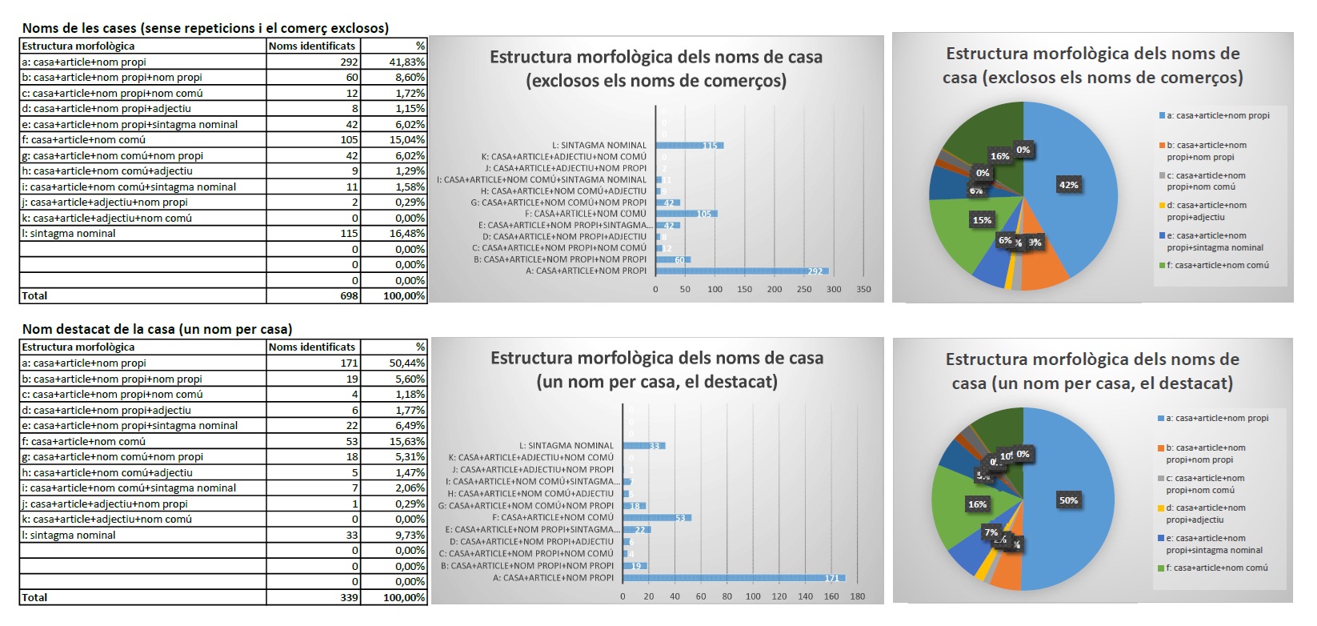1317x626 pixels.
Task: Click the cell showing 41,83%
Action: click(x=406, y=62)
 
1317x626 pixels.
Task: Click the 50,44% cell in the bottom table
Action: click(x=406, y=363)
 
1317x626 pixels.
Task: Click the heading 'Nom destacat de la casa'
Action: click(x=157, y=329)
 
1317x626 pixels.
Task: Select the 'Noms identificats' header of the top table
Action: click(x=312, y=46)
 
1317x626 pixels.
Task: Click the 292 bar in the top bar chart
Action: click(x=742, y=271)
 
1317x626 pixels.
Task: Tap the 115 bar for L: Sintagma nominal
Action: click(x=689, y=145)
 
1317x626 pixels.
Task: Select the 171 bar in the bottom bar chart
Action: click(x=733, y=577)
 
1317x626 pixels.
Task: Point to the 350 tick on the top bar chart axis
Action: click(x=863, y=289)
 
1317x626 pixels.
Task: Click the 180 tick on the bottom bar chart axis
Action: click(x=857, y=596)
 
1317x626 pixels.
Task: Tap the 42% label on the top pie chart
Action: click(x=1068, y=185)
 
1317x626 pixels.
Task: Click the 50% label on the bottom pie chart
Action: click(x=1068, y=500)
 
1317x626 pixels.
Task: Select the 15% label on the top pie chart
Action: click(x=982, y=220)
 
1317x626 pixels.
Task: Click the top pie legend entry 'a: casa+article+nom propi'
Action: click(x=1217, y=115)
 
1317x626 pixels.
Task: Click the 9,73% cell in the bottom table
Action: click(x=406, y=535)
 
